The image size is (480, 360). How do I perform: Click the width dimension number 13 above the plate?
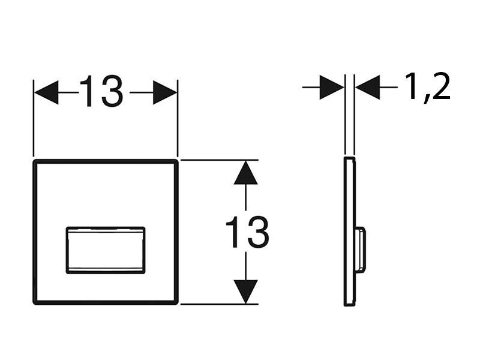point(101,92)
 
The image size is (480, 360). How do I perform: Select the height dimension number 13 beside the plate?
point(247,232)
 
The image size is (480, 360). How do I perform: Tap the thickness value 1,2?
point(428,87)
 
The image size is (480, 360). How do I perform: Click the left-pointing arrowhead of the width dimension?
point(46,92)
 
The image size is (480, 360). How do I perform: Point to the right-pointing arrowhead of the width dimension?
point(165,92)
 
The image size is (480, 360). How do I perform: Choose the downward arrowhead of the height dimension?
point(245,292)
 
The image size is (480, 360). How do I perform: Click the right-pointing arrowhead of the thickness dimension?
point(332,87)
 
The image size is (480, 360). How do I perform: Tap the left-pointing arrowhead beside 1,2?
point(368,87)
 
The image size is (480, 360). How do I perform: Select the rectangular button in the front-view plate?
point(106,250)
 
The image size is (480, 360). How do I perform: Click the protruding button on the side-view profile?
point(361,250)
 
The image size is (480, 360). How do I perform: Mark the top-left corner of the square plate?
point(35,161)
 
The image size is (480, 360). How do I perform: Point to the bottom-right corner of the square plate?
point(176,303)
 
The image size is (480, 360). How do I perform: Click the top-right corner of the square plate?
point(176,161)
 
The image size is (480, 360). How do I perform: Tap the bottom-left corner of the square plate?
point(35,303)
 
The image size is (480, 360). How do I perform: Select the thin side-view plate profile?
point(349,232)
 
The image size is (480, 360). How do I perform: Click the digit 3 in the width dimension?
point(112,92)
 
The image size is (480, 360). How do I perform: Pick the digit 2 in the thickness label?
point(440,86)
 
